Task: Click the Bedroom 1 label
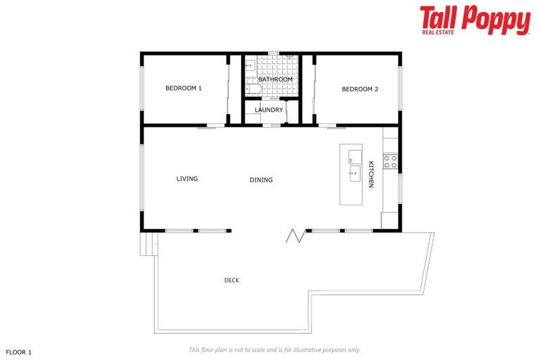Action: point(184,89)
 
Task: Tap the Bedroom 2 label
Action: point(360,89)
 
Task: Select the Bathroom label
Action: point(275,79)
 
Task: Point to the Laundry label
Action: point(269,110)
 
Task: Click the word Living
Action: point(187,179)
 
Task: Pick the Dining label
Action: point(261,180)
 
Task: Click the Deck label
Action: point(231,281)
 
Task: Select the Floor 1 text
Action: point(19,351)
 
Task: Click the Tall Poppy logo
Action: point(475,20)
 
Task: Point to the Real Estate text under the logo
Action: point(437,32)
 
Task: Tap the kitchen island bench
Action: point(351,174)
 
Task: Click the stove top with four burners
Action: point(390,162)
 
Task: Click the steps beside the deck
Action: point(148,244)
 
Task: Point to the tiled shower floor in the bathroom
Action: point(276,67)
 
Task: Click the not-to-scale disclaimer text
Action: point(274,349)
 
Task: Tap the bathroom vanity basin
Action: point(249,66)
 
